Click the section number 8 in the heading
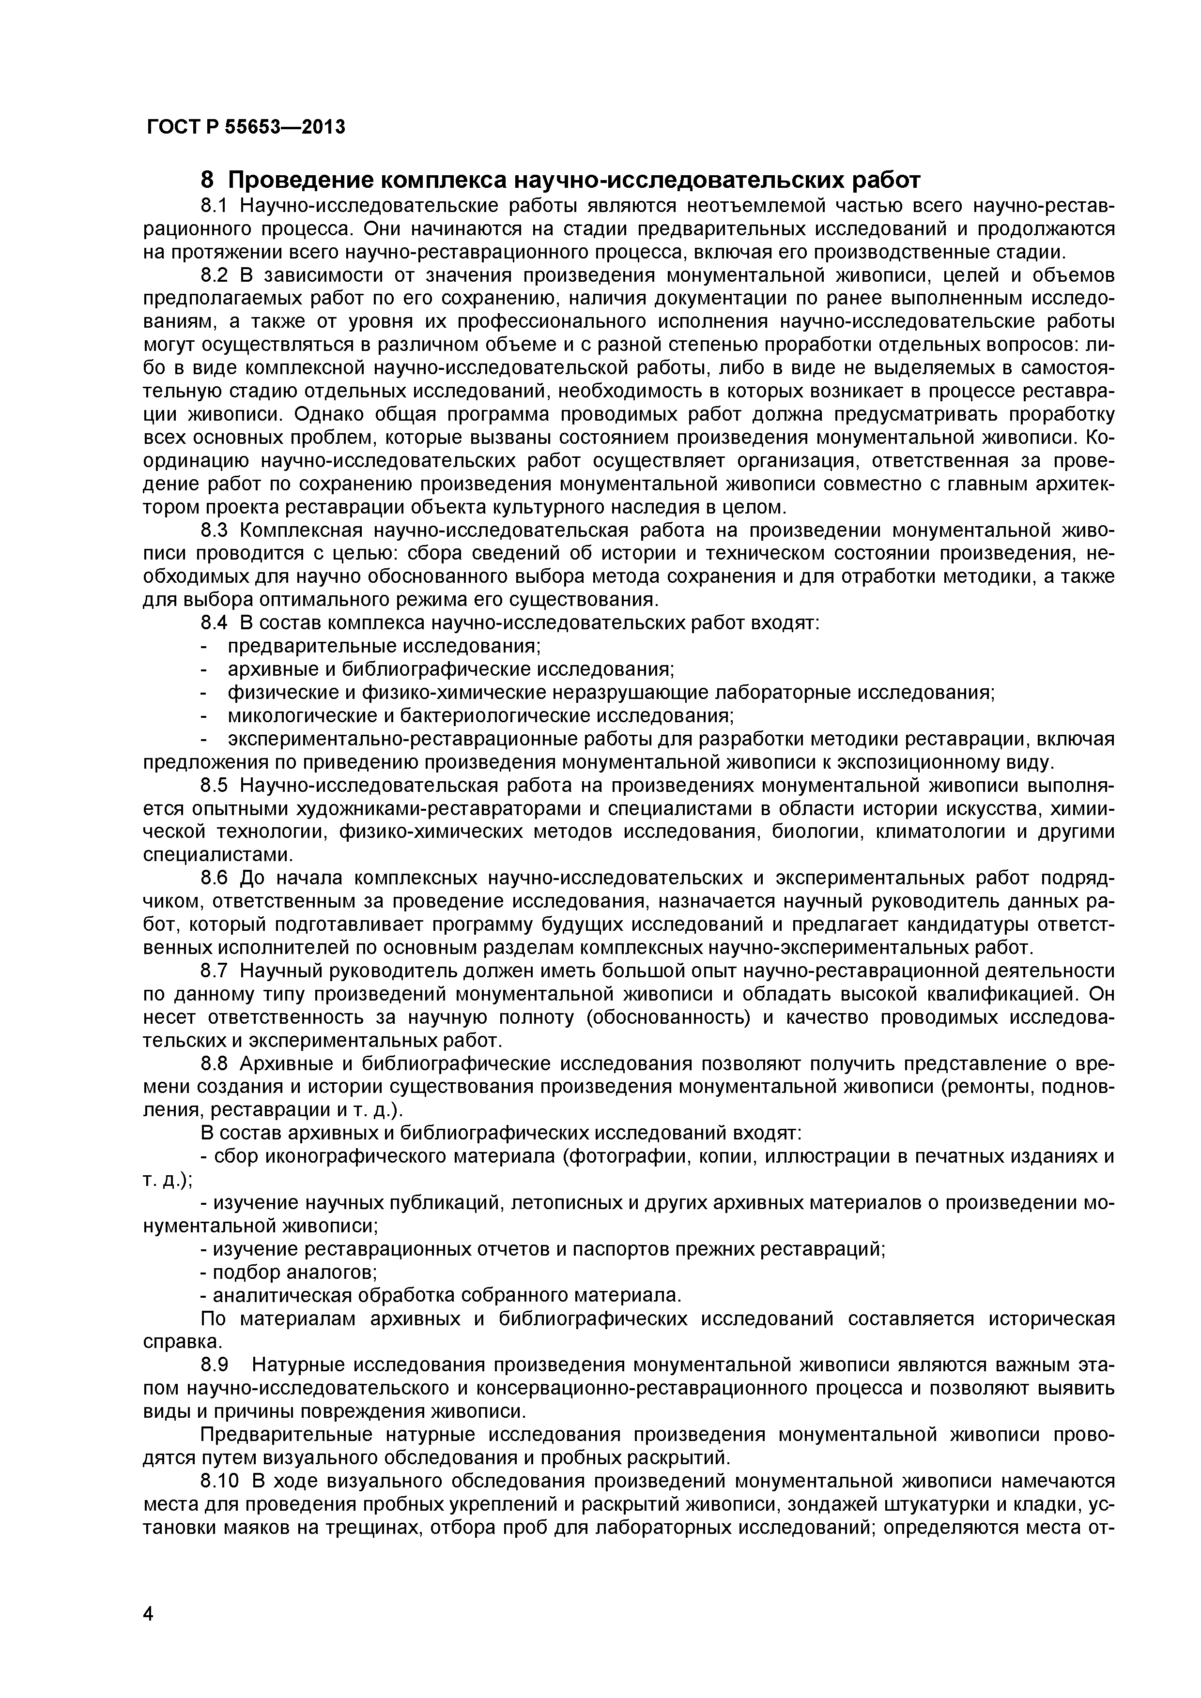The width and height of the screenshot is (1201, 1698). (208, 180)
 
